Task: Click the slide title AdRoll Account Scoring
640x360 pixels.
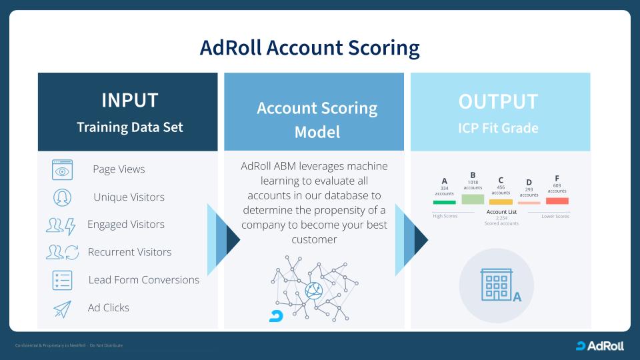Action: [x=309, y=48]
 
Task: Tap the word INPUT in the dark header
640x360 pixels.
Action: [x=129, y=100]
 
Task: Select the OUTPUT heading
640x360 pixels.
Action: [x=497, y=102]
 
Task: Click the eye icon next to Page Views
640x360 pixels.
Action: [x=62, y=169]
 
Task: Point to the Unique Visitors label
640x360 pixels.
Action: [x=129, y=197]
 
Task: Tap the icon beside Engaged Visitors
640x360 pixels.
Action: [x=62, y=225]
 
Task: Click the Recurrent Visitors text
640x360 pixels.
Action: [x=129, y=252]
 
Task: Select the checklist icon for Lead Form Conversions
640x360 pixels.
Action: [x=62, y=280]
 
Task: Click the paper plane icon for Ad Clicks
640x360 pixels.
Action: [x=62, y=308]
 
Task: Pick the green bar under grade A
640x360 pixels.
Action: [x=445, y=202]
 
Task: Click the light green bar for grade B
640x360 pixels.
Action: [x=473, y=199]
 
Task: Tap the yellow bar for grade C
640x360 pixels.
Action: [x=501, y=201]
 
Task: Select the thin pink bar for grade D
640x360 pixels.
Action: [x=529, y=203]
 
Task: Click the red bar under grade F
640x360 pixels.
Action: [x=557, y=201]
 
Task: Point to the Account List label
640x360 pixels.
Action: [x=501, y=212]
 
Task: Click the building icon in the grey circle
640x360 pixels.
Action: [x=496, y=285]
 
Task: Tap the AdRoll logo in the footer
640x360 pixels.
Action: [x=600, y=345]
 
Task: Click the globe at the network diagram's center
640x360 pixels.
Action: [x=313, y=290]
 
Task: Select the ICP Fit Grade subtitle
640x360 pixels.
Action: [x=497, y=128]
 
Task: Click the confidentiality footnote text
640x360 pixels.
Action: [x=69, y=345]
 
